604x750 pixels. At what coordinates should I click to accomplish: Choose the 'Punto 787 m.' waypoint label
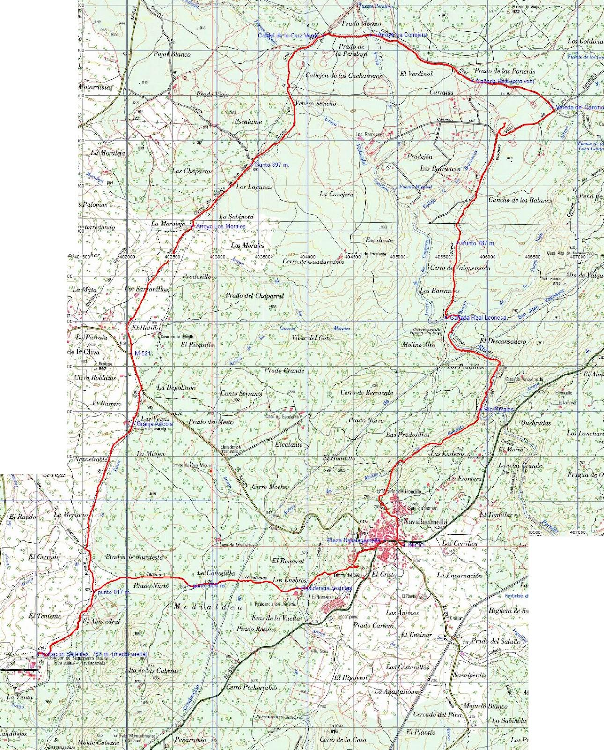coord(478,244)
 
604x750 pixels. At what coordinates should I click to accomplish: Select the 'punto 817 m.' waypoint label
coord(114,592)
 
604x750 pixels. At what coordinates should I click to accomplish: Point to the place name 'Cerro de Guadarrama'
coord(313,262)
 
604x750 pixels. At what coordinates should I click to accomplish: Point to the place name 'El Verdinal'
coord(416,74)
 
